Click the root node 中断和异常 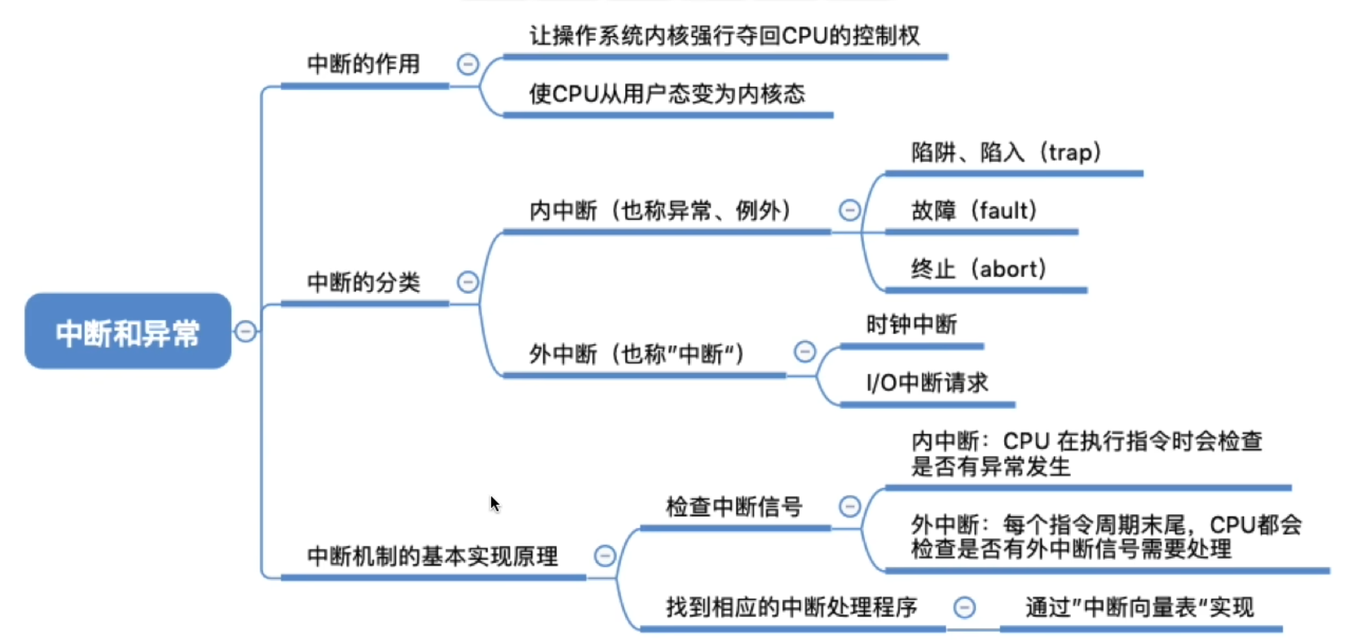click(x=128, y=332)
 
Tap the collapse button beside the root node click(x=245, y=331)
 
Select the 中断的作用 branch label click(x=363, y=64)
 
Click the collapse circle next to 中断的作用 click(x=467, y=64)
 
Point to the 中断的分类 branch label click(x=363, y=282)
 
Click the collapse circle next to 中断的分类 click(x=467, y=282)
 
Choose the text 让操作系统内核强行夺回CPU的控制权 click(x=724, y=35)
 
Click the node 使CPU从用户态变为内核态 click(x=667, y=93)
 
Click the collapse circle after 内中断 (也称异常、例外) click(x=849, y=210)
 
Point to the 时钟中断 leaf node click(x=911, y=324)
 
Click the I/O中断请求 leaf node click(x=927, y=382)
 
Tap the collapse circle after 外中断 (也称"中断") click(x=804, y=351)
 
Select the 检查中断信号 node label click(x=734, y=506)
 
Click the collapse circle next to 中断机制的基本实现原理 click(x=604, y=556)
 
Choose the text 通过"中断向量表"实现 click(x=1139, y=607)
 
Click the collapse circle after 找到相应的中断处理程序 click(x=964, y=607)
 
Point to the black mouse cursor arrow click(x=495, y=503)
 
